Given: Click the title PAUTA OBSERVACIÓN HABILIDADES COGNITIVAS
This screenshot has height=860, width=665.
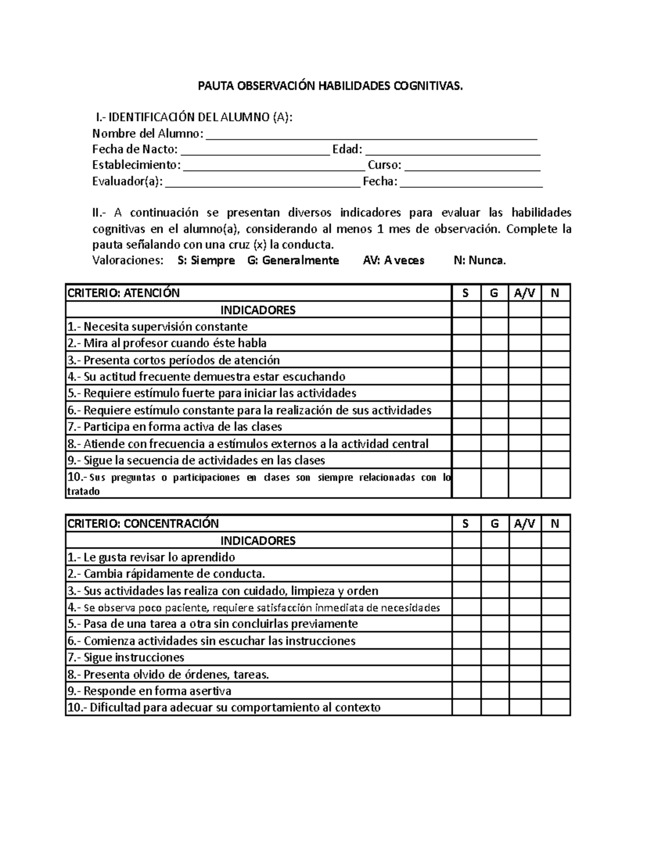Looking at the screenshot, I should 330,86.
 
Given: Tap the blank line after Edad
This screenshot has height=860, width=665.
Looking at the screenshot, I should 453,151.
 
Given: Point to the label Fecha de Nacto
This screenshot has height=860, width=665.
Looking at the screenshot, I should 135,150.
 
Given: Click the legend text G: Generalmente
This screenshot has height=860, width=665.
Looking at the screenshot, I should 293,261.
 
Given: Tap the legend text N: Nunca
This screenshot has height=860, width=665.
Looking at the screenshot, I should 479,261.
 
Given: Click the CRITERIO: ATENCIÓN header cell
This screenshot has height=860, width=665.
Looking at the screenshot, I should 258,293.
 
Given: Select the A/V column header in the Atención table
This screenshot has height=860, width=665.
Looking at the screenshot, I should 524,293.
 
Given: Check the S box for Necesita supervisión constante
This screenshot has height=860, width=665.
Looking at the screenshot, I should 465,327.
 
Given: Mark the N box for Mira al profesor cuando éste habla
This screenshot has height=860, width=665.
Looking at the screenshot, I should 555,343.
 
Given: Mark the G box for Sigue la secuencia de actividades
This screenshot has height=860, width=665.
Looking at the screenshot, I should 494,461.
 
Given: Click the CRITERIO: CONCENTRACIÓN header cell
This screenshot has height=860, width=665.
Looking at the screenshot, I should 258,524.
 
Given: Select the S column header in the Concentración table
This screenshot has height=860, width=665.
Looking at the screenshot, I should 465,524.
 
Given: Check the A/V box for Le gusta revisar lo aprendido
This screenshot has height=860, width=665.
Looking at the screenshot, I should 524,557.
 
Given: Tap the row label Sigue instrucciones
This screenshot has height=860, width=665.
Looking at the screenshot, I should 134,658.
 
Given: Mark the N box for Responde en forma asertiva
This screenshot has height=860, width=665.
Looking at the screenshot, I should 555,691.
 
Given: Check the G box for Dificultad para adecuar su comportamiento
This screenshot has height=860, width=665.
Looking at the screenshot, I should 494,708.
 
